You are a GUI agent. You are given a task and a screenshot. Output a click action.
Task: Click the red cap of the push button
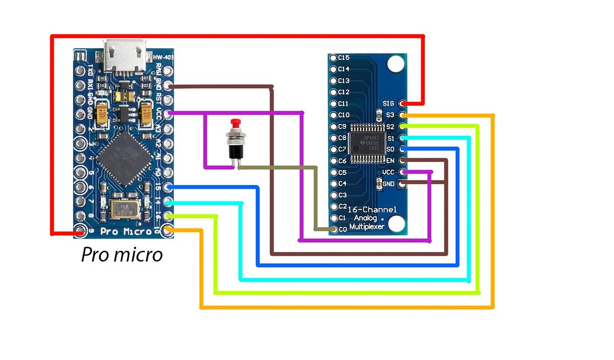coord(236,123)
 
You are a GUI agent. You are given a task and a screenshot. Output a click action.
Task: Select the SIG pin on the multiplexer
coord(403,103)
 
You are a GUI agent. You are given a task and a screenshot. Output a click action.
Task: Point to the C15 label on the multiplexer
coord(343,58)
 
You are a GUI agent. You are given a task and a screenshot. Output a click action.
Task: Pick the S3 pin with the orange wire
coord(403,114)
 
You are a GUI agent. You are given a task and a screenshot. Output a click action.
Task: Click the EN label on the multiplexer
coord(390,161)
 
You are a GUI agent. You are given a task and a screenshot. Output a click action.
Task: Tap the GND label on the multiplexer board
coord(389,184)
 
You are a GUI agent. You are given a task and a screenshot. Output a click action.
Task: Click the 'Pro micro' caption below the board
coord(122,255)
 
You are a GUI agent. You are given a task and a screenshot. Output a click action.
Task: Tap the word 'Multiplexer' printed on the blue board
coord(367,227)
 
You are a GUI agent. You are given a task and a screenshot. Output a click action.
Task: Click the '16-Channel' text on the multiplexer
coord(368,209)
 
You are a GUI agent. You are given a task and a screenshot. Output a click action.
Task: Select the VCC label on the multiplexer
coord(389,172)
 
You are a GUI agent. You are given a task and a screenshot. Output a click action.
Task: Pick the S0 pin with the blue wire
coord(403,149)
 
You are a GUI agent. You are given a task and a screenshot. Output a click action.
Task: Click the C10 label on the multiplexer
coord(343,114)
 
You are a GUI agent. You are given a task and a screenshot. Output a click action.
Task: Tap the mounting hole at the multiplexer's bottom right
coord(397,223)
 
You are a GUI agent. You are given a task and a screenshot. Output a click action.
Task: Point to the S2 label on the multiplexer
coord(390,126)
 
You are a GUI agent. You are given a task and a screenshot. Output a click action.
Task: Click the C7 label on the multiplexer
coord(342,149)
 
